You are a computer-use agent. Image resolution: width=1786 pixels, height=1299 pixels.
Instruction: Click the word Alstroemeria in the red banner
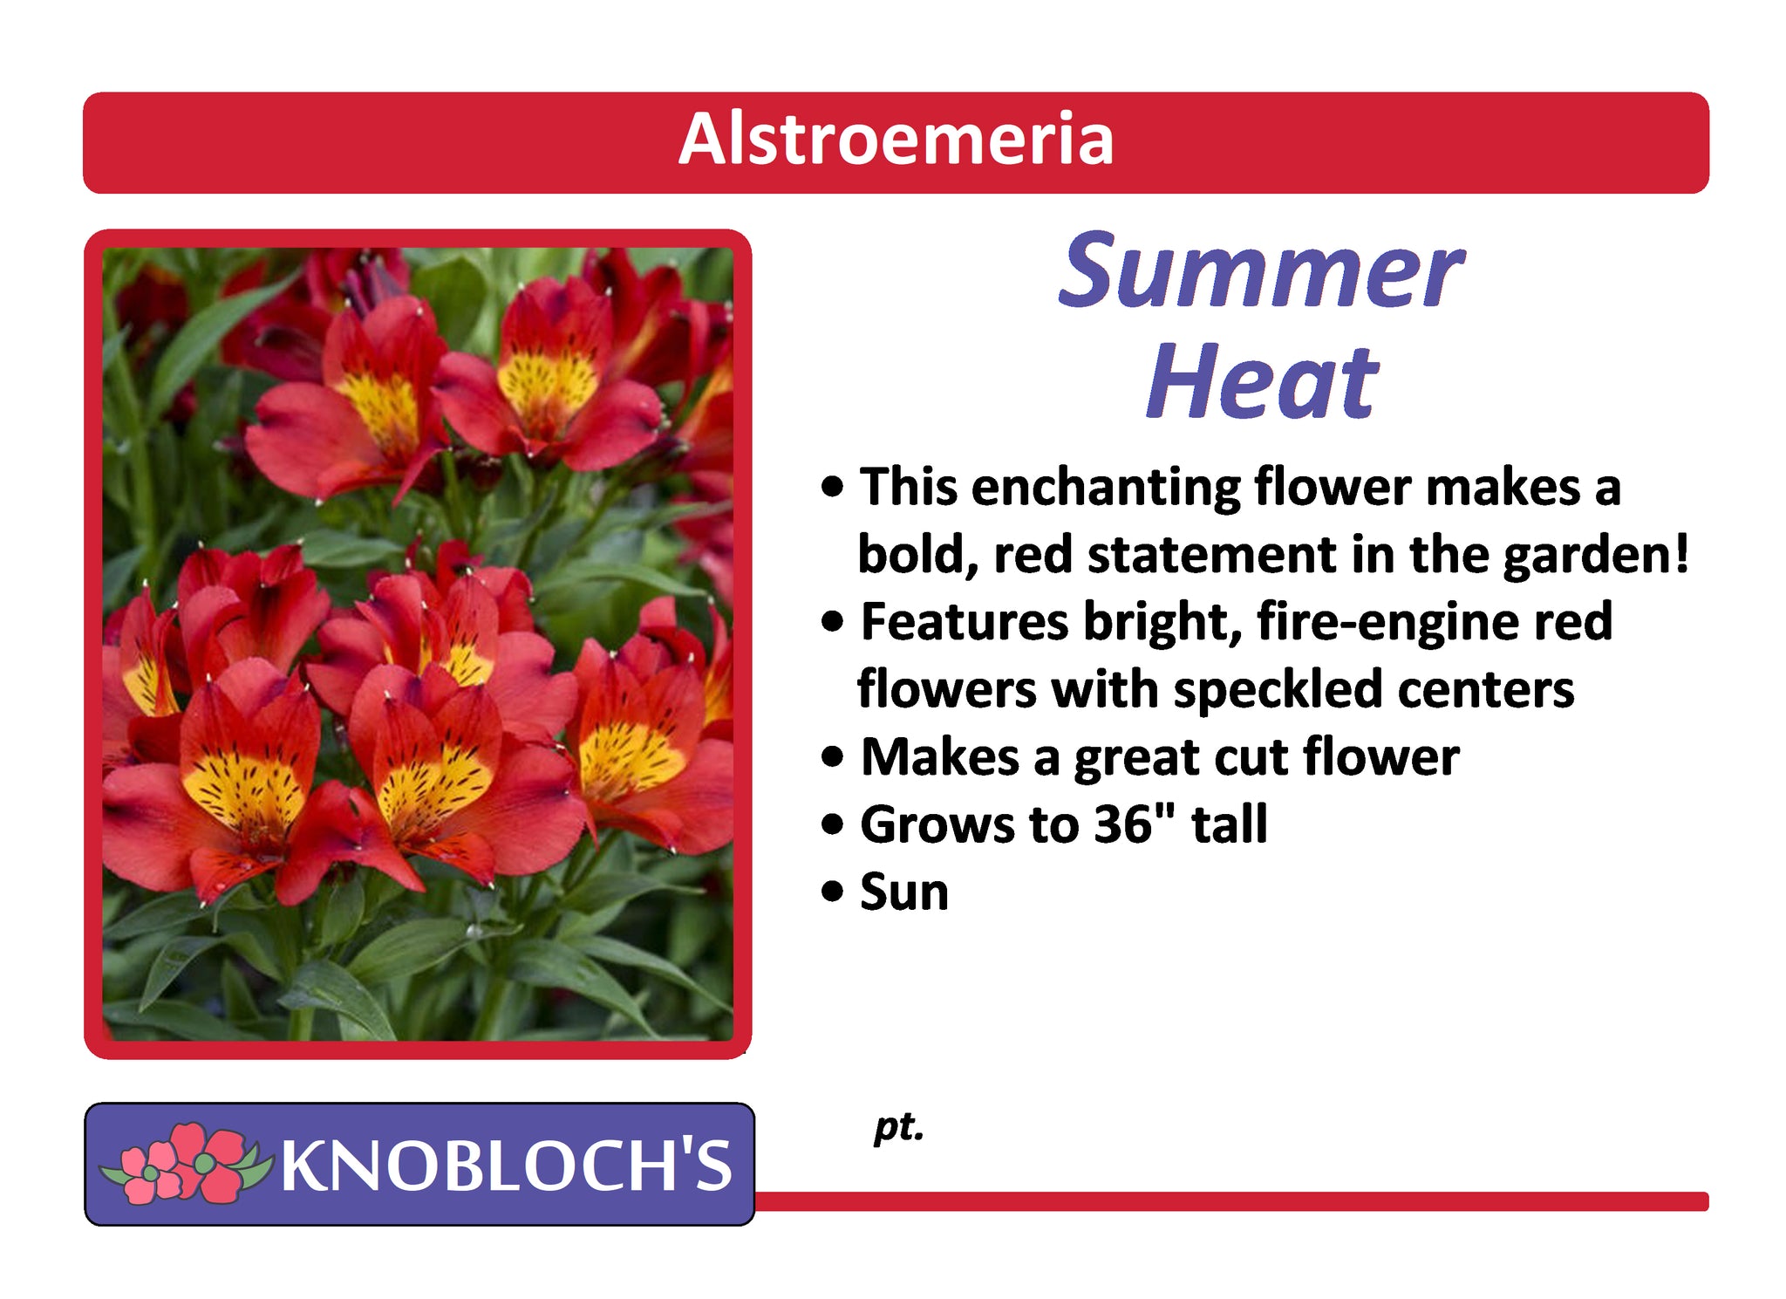tap(896, 139)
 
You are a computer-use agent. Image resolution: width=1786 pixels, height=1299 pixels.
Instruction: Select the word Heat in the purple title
tap(1262, 380)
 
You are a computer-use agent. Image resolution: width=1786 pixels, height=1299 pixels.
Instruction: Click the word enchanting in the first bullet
tap(1106, 487)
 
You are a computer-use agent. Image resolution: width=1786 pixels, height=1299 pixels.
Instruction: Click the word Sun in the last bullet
tap(904, 892)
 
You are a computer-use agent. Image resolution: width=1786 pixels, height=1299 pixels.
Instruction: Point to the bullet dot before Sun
tap(834, 893)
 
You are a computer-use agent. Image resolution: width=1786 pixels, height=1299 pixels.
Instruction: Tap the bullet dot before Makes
tap(834, 757)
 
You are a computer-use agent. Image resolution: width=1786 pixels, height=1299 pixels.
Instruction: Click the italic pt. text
tap(898, 1128)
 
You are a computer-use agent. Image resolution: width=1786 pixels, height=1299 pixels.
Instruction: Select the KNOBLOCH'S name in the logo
tap(506, 1166)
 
